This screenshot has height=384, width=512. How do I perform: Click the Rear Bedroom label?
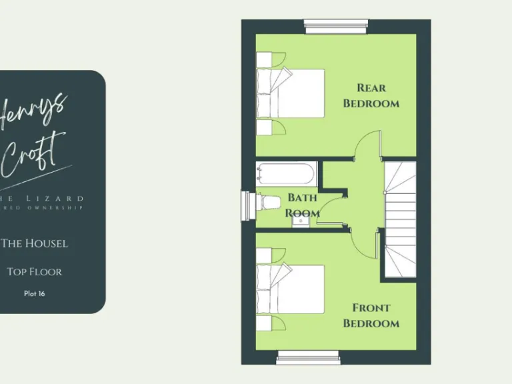pyautogui.click(x=371, y=96)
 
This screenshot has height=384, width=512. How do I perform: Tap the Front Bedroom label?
pyautogui.click(x=371, y=316)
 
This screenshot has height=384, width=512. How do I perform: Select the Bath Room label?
pyautogui.click(x=303, y=205)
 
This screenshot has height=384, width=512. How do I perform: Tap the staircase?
pyautogui.click(x=400, y=220)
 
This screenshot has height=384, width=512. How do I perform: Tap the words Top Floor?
pyautogui.click(x=35, y=272)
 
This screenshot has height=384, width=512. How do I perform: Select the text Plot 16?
pyautogui.click(x=35, y=293)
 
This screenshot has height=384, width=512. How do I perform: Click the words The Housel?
pyautogui.click(x=35, y=243)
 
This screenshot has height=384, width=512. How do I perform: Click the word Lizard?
pyautogui.click(x=57, y=198)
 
